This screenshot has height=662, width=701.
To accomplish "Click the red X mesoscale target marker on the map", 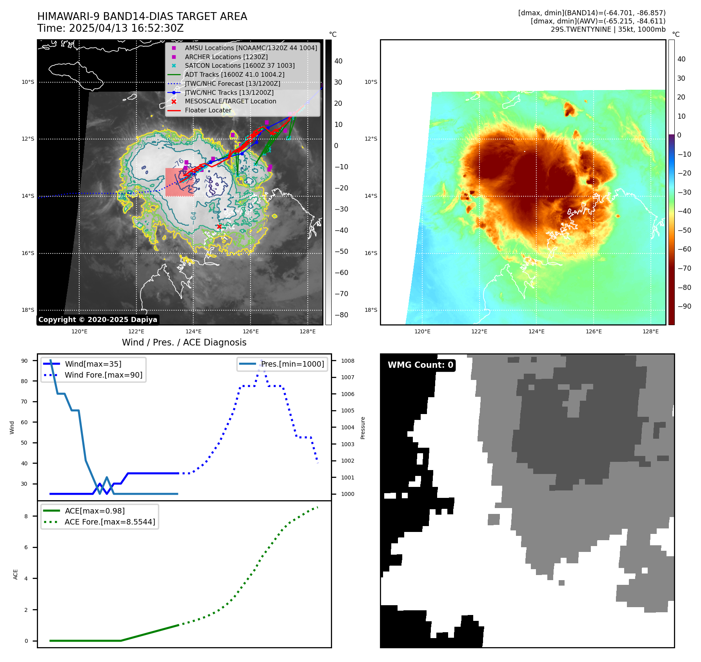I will tap(219, 226).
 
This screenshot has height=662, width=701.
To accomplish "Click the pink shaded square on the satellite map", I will tap(179, 183).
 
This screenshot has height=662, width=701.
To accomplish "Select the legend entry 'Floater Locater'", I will tap(208, 110).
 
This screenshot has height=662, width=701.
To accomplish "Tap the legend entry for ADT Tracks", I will tap(234, 74).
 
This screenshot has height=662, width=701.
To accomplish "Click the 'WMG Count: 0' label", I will tap(420, 365).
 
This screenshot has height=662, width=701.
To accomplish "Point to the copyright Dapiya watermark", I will tap(98, 320).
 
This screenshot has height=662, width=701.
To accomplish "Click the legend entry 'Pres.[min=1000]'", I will tap(292, 364).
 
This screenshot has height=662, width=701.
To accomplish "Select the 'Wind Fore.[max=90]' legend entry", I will tap(104, 375).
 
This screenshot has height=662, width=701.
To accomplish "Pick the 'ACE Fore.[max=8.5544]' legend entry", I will tap(110, 522).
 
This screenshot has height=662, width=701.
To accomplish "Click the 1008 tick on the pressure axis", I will tap(347, 361).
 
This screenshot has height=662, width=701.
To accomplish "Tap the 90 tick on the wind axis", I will tap(24, 361).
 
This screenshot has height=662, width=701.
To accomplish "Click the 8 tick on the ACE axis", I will tap(26, 516).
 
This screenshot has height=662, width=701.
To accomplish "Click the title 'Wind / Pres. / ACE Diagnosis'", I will tap(184, 342).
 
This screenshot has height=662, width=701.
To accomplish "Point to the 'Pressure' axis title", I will tap(363, 428).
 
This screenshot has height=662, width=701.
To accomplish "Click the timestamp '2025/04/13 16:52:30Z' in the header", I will tap(126, 28).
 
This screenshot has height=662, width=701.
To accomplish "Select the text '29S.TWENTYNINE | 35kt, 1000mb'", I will tap(608, 29).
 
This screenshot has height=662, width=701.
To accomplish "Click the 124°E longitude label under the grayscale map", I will tap(193, 331).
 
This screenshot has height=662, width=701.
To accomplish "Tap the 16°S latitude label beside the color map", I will tap(371, 253).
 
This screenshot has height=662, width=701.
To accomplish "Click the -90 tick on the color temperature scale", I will tap(684, 306).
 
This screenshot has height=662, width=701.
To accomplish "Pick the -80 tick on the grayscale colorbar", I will tap(341, 315).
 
